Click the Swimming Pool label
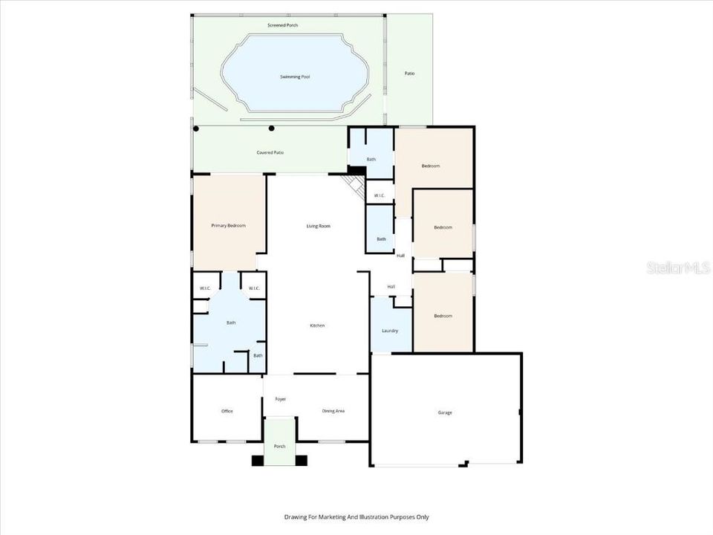point(295,77)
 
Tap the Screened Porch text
point(282,25)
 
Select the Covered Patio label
point(270,152)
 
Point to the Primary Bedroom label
point(228,225)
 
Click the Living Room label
point(319,226)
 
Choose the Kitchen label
point(317,325)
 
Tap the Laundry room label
point(390,331)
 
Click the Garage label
point(444,412)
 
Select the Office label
point(227,411)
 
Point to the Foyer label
point(281,399)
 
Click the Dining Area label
point(333,411)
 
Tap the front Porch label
point(279,447)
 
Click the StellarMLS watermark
point(678,267)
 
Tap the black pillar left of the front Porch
point(257,461)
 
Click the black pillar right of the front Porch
point(302,461)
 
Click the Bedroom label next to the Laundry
point(443,316)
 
